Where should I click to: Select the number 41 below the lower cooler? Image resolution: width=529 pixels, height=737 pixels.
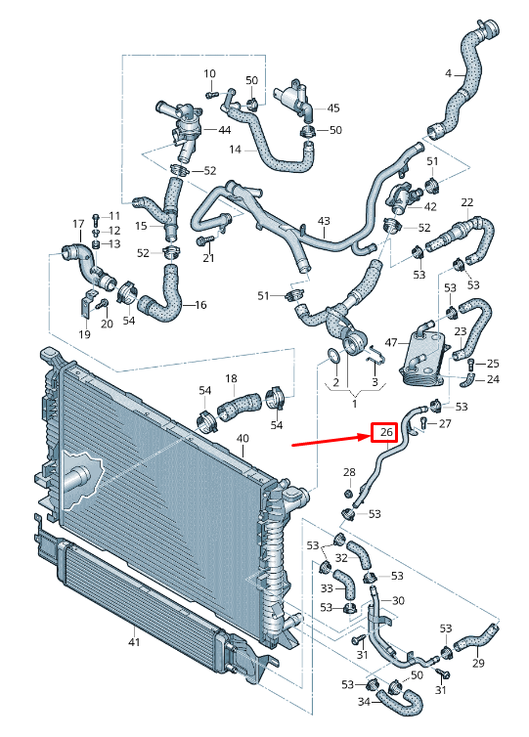(x=134, y=642)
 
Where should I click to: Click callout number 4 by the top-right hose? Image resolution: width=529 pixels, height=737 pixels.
(x=448, y=74)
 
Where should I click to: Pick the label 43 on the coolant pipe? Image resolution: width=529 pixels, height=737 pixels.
(x=324, y=222)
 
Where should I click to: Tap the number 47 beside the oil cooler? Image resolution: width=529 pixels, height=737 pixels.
(x=390, y=343)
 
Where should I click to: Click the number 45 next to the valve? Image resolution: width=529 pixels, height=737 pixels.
(x=333, y=108)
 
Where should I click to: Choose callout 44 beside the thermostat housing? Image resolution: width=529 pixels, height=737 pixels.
(x=224, y=130)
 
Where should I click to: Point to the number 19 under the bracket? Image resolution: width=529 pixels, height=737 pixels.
(x=84, y=334)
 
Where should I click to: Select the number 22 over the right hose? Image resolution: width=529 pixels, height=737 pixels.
(x=467, y=202)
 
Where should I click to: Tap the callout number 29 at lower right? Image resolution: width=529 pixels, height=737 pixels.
(x=478, y=664)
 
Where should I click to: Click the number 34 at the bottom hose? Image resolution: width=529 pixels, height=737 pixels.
(x=364, y=701)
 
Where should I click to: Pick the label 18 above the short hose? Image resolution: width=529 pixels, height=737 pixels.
(x=231, y=378)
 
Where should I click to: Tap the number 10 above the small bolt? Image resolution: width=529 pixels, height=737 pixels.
(x=209, y=74)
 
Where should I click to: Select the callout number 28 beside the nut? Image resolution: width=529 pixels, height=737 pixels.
(x=348, y=474)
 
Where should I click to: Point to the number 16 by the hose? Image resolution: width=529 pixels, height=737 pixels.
(x=200, y=305)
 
